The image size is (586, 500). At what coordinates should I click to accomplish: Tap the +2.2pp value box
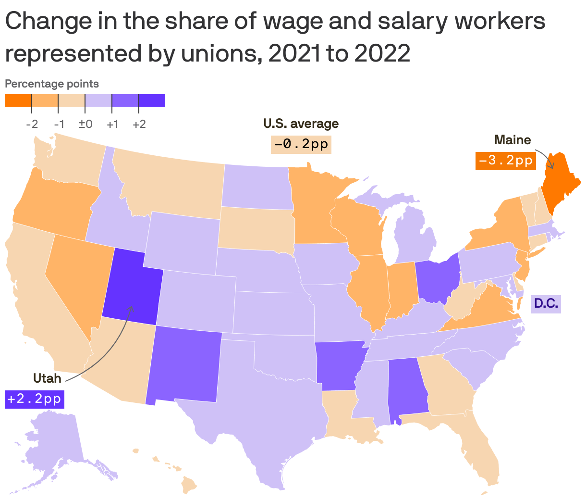point(34,400)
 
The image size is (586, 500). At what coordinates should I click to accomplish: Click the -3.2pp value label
point(505,161)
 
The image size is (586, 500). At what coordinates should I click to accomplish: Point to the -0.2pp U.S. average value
point(301,144)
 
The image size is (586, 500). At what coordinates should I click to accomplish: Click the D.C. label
point(546,303)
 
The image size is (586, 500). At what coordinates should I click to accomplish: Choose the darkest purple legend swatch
point(152,100)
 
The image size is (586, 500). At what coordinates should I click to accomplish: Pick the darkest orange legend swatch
point(18,100)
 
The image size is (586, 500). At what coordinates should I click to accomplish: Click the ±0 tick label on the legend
point(85,124)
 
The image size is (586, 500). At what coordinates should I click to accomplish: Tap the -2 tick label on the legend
point(32,124)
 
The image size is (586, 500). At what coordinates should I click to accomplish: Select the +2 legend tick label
point(139,124)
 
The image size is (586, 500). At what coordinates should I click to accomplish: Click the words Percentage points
point(52,84)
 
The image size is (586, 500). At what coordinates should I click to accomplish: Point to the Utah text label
point(47,378)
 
